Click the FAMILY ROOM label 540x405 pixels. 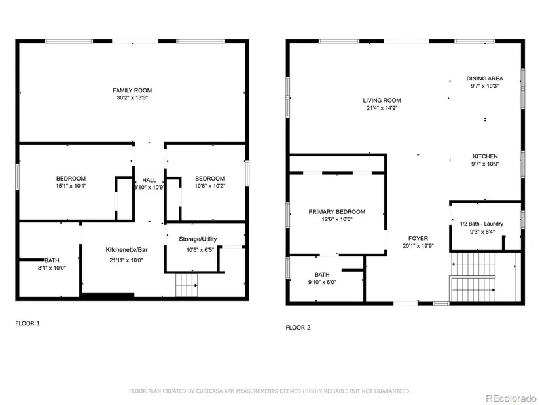coord(132,90)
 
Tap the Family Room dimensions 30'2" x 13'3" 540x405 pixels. coord(132,97)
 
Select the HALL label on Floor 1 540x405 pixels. coord(149,180)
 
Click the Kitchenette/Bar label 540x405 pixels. coord(126,250)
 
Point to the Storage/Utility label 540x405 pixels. coord(198,239)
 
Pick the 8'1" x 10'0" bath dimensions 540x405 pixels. coord(52,268)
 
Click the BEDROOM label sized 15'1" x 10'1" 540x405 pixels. coord(71,179)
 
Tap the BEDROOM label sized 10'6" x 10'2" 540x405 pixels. coord(209,179)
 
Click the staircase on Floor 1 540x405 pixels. coord(187,285)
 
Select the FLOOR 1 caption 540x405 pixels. coord(27,323)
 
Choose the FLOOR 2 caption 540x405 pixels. coord(298,328)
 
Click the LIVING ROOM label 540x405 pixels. coord(382,101)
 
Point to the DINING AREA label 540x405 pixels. coord(485,79)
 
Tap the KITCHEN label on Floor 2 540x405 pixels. coord(485,156)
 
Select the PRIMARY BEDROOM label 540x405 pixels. coord(337,212)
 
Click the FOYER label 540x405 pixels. coord(418,238)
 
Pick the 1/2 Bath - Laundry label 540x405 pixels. coord(482,224)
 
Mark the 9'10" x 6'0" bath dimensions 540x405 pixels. coord(322,282)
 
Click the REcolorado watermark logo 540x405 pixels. coord(511,398)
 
